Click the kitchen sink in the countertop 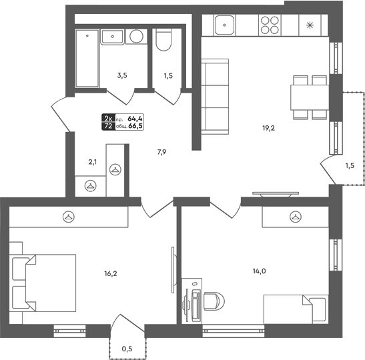pos(224,25)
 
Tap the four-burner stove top pos(270,25)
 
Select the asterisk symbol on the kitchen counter pos(310,25)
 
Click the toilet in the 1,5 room pos(163,39)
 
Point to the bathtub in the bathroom pos(87,58)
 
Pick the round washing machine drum pos(136,36)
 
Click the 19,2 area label pos(269,128)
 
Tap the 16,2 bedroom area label pos(111,274)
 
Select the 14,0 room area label pos(260,271)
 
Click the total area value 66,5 pos(137,126)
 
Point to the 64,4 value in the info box pos(135,119)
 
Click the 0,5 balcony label pos(127,349)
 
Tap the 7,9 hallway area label pos(161,152)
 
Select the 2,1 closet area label pos(92,162)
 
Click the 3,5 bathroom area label pos(122,75)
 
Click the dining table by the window pos(310,97)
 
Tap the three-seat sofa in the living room pos(215,97)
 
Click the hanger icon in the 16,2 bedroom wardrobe pos(69,217)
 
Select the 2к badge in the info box pos(108,119)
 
